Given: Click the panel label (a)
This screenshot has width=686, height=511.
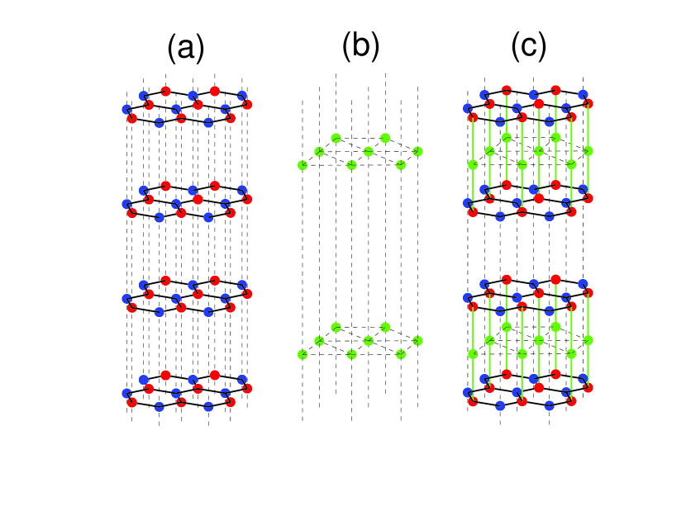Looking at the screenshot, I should pos(185,50).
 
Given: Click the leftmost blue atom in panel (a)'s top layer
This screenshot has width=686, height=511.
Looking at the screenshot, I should pos(126,109).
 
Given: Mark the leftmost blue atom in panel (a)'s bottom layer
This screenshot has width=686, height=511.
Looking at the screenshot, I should pos(126,393).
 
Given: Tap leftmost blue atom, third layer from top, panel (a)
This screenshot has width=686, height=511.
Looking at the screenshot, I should pos(126,298).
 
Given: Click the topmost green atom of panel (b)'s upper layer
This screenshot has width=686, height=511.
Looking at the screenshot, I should pos(336,138).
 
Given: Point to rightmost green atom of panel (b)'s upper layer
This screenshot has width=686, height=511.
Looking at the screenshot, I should pos(417,151).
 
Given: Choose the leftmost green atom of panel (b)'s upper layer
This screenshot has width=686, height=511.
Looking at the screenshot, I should pos(303,165).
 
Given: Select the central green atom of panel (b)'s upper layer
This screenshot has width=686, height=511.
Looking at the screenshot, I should pos(369,151).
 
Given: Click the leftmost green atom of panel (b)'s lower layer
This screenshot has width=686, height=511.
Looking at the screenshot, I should pos(303,354).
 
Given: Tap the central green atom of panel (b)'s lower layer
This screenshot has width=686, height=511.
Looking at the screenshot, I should pos(369,340).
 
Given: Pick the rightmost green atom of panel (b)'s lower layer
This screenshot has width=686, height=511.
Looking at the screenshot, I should pos(417,340).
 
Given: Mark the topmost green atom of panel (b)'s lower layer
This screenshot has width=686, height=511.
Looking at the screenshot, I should pos(336,327).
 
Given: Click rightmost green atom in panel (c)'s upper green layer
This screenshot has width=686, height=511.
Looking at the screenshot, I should pos(588,151).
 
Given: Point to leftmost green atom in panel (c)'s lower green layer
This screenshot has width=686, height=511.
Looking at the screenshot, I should pos(473,354).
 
